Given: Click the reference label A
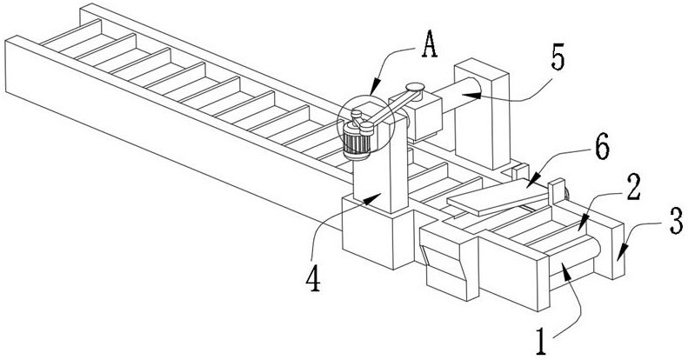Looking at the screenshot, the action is pos(430,46).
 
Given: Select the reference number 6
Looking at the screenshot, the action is pos(602,148).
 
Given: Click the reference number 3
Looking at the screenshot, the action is pos(675,222).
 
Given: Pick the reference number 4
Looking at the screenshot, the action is pos(313,279).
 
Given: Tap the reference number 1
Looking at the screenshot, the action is pos(541,342).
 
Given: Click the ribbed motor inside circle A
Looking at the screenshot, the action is pos(357,141).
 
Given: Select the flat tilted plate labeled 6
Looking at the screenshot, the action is pos(498,197).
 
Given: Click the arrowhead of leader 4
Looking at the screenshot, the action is pos(374,199).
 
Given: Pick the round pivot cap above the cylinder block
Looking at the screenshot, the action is pos(415,87).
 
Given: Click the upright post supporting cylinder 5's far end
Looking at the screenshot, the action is pos(482,114).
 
